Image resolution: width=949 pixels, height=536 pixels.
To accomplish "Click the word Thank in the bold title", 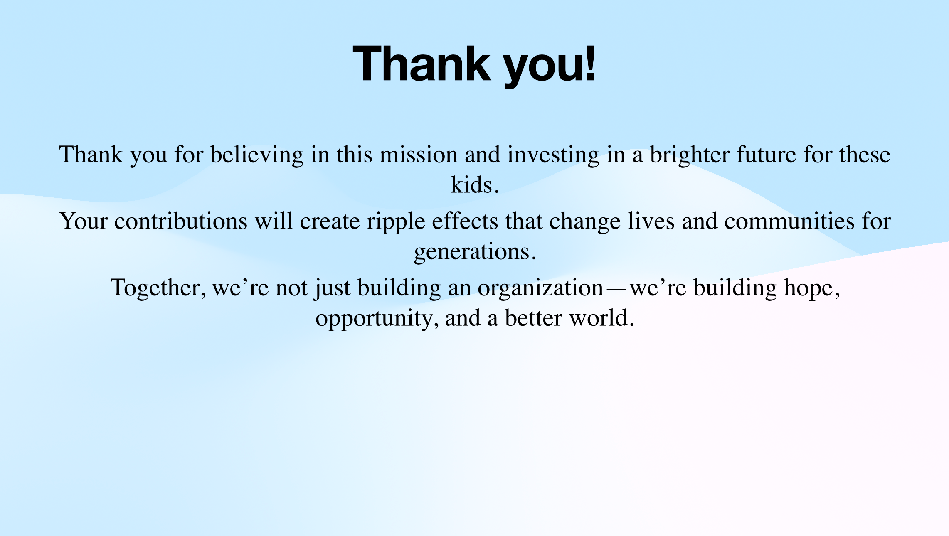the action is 422,64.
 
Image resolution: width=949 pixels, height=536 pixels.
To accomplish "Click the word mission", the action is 419,155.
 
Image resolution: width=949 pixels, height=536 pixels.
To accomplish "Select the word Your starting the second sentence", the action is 84,221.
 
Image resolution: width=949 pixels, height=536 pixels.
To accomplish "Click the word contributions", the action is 181,221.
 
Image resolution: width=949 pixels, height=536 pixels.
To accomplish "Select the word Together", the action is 158,288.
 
